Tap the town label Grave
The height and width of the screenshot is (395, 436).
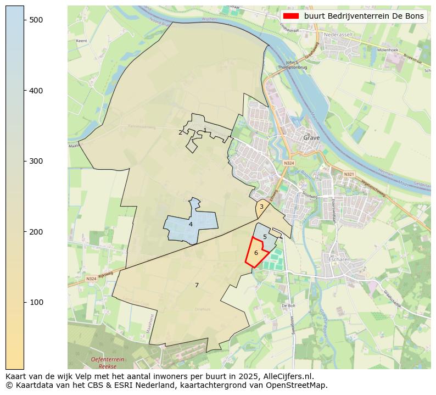312,138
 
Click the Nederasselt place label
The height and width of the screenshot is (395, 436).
339,34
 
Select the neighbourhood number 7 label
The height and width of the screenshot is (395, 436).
197,285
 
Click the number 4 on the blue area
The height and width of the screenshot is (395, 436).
191,224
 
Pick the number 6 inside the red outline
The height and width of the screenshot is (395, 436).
256,253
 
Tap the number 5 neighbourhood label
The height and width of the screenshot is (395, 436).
265,237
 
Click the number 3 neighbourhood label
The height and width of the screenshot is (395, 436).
261,207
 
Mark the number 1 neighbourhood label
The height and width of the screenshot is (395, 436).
205,130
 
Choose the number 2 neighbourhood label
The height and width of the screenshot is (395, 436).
180,132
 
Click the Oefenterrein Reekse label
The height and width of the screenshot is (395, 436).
108,362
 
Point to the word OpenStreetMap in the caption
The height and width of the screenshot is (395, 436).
300,385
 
